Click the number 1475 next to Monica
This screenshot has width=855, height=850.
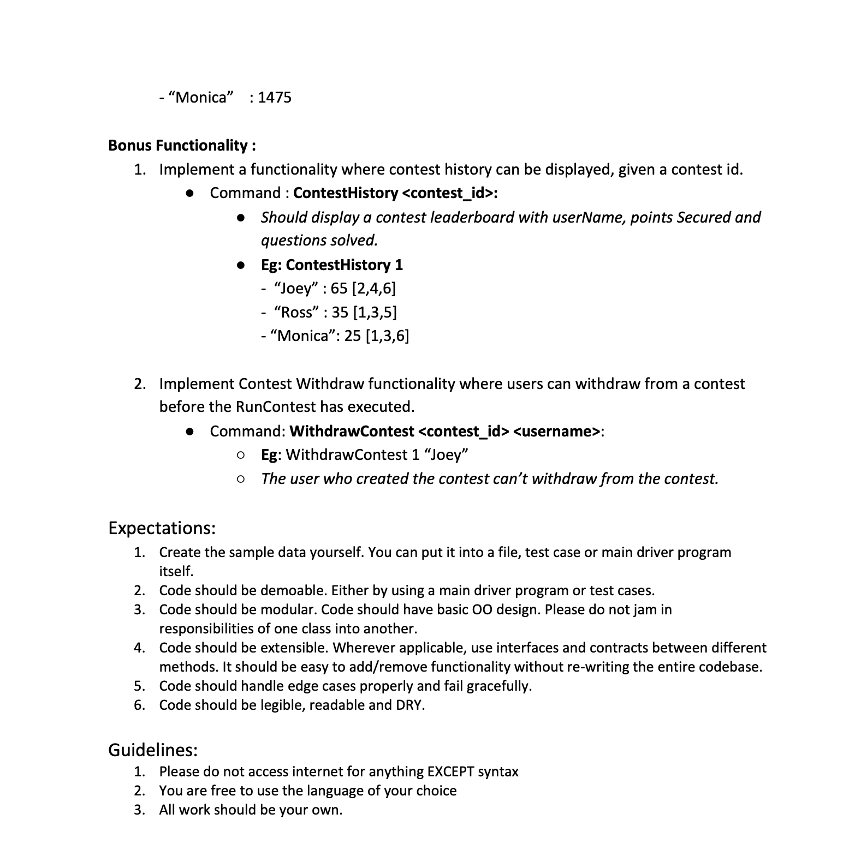click(275, 98)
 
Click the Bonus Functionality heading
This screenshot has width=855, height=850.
click(182, 145)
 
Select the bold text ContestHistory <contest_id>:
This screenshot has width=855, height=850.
click(395, 193)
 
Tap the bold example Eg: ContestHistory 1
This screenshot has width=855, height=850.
click(331, 265)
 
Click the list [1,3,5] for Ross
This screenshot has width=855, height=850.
click(375, 313)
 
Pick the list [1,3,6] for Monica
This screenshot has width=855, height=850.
click(387, 336)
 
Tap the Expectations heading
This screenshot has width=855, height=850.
click(162, 528)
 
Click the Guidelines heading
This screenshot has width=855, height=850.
click(152, 750)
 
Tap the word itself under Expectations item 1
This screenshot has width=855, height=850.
click(176, 572)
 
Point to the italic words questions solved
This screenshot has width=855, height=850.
click(319, 241)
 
